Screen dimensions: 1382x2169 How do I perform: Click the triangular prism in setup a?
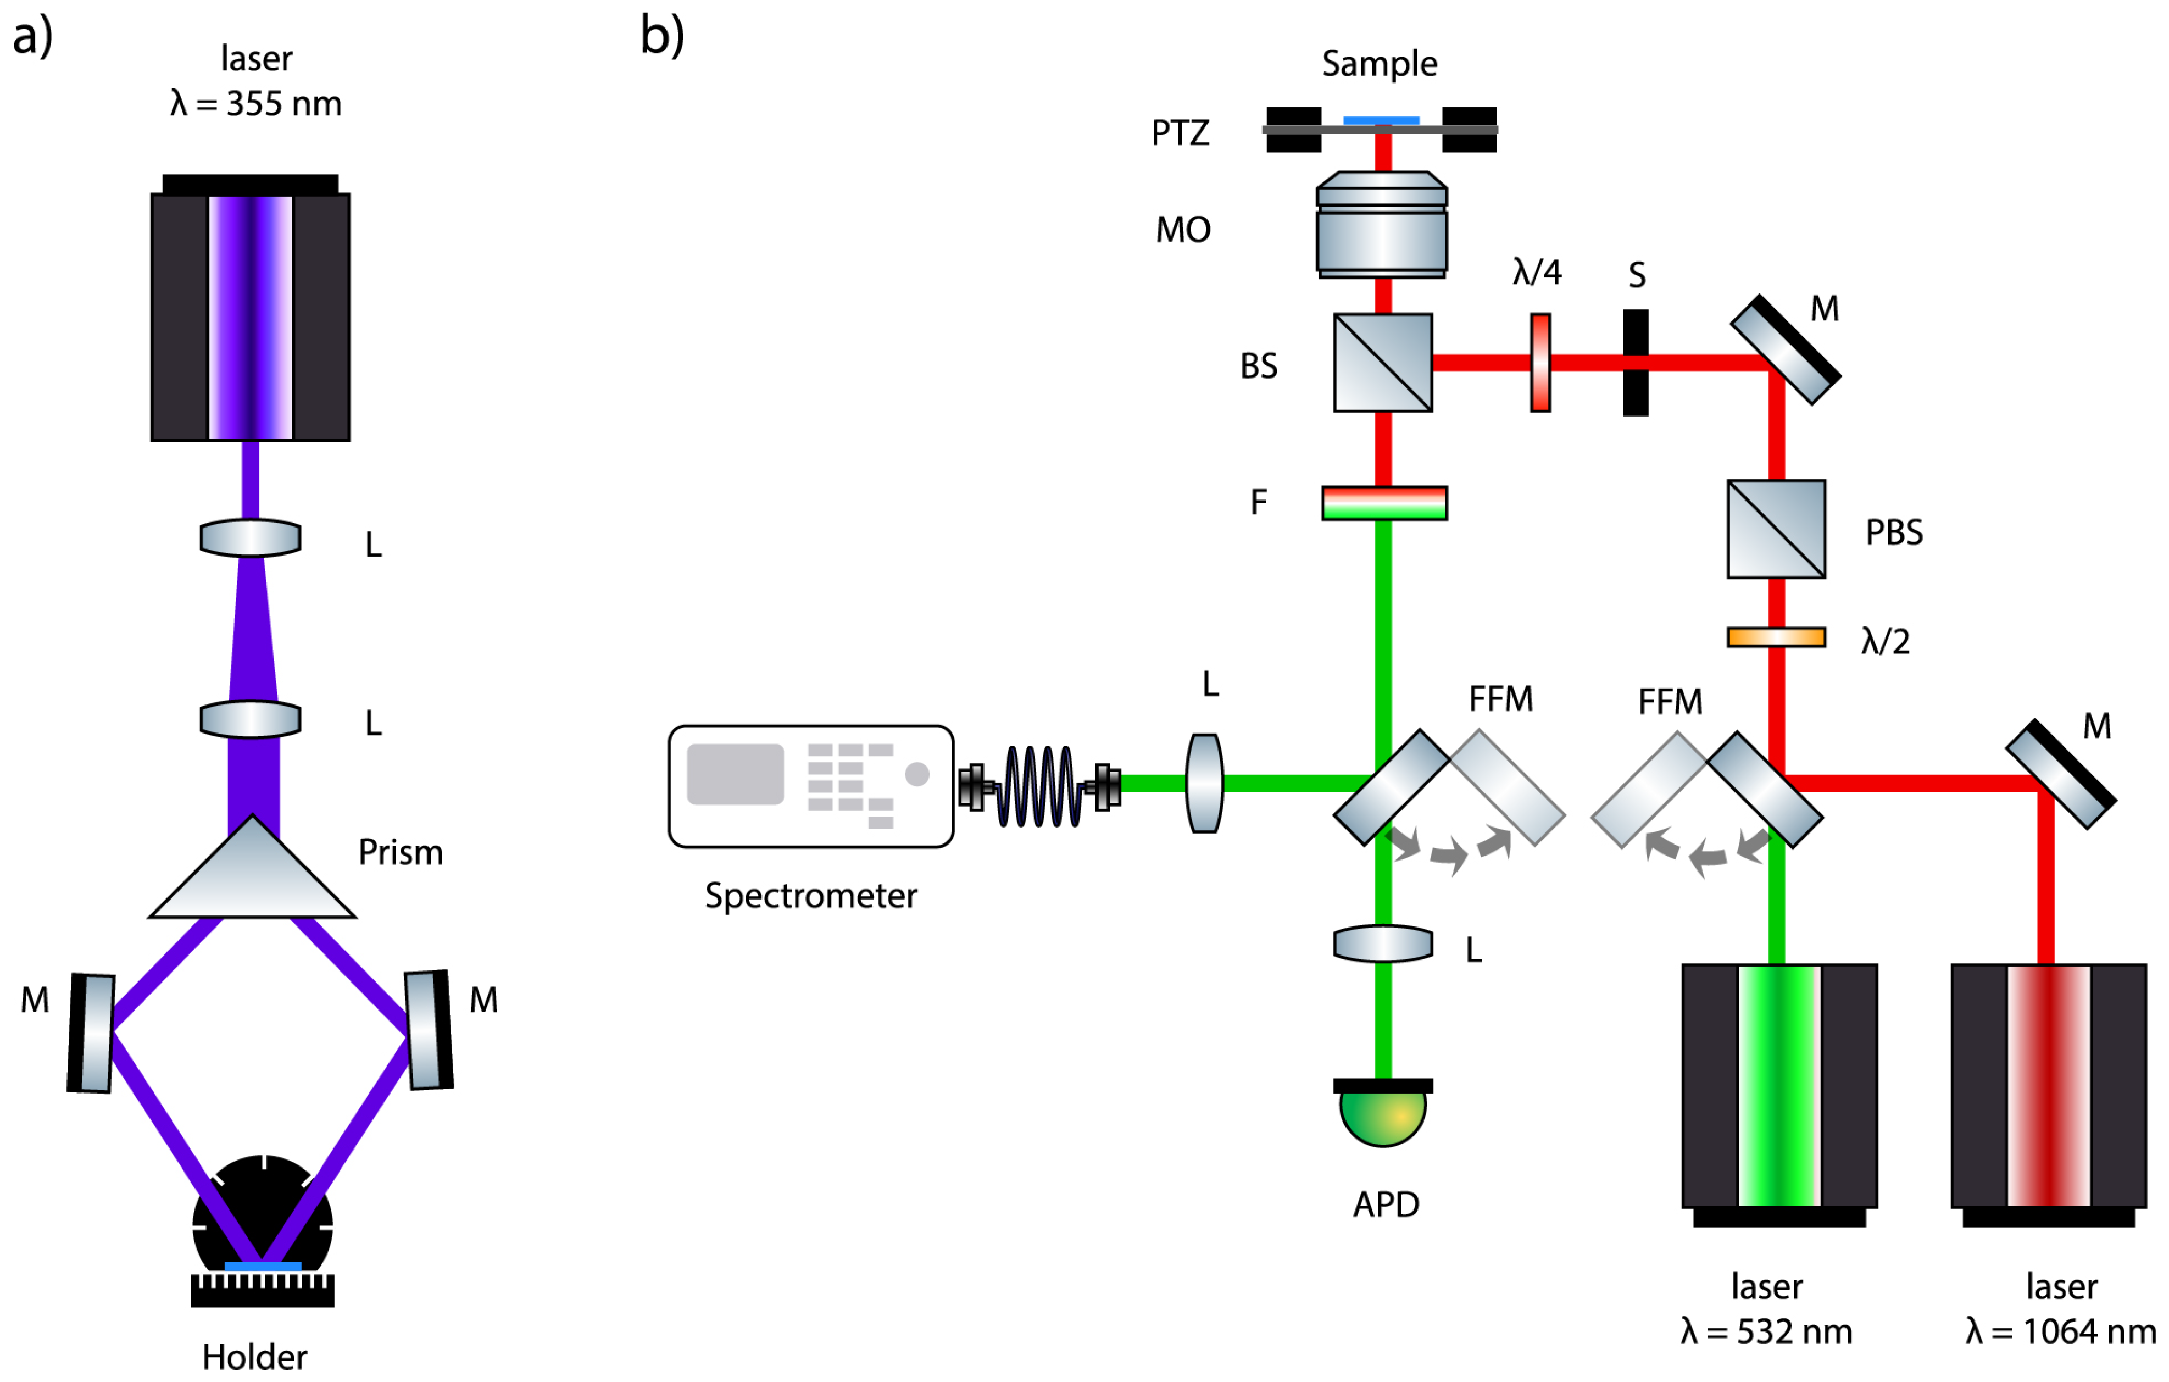pyautogui.click(x=252, y=879)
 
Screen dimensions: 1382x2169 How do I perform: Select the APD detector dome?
pyautogui.click(x=1383, y=1116)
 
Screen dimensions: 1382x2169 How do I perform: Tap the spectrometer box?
pyautogui.click(x=811, y=786)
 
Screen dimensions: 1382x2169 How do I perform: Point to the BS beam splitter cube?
pyautogui.click(x=1383, y=362)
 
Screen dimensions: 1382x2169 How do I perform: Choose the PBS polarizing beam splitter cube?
pyautogui.click(x=1776, y=529)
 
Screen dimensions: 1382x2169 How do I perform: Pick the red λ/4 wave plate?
pyautogui.click(x=1541, y=362)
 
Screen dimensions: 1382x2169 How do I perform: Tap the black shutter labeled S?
pyautogui.click(x=1636, y=362)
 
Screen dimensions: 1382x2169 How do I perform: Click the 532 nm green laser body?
pyautogui.click(x=1779, y=1086)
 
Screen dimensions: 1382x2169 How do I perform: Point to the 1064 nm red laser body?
pyautogui.click(x=2048, y=1086)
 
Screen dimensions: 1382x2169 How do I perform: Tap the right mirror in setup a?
pyautogui.click(x=429, y=1030)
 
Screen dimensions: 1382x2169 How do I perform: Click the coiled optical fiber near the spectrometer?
pyautogui.click(x=1041, y=786)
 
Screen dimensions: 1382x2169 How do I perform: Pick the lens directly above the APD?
pyautogui.click(x=1383, y=944)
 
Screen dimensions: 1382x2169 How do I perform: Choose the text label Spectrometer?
pyautogui.click(x=811, y=896)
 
